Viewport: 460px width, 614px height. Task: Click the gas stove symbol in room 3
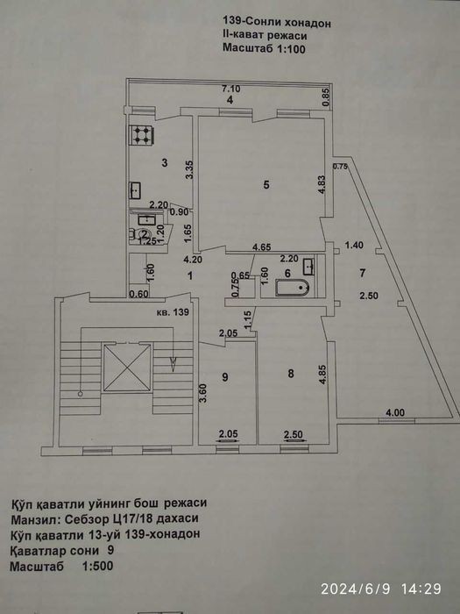point(141,135)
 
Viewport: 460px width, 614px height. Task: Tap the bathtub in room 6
point(293,289)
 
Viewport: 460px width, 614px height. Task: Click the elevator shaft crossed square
point(127,368)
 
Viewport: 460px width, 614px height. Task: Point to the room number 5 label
point(266,184)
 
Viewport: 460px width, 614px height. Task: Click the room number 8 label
point(291,374)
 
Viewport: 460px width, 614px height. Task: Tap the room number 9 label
point(225,377)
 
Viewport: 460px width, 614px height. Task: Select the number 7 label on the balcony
point(363,273)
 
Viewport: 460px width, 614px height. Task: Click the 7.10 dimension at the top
point(231,89)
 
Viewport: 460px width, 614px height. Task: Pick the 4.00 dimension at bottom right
point(395,412)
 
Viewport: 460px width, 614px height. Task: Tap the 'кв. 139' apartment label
point(173,312)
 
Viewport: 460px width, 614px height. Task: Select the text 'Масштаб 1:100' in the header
point(264,48)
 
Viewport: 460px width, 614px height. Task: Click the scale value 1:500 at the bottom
point(97,566)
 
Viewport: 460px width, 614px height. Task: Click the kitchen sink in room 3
point(135,190)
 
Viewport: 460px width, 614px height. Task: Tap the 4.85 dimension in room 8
point(322,376)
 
